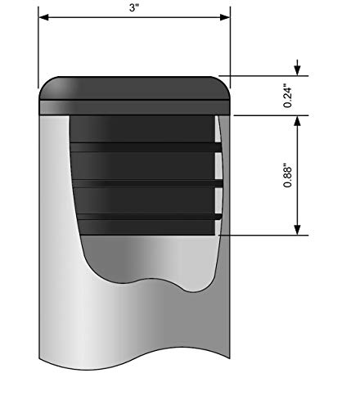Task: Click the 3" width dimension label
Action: point(134,7)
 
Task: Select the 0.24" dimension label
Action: point(287,97)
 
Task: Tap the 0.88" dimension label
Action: point(287,175)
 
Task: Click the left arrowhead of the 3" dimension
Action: point(44,17)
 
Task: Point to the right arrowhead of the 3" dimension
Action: point(225,17)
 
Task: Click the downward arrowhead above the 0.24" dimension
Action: point(298,70)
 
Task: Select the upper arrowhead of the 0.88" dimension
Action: point(298,121)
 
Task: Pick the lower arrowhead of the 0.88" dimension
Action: point(298,230)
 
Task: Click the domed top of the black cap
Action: point(135,88)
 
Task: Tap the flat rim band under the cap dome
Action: point(135,107)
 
